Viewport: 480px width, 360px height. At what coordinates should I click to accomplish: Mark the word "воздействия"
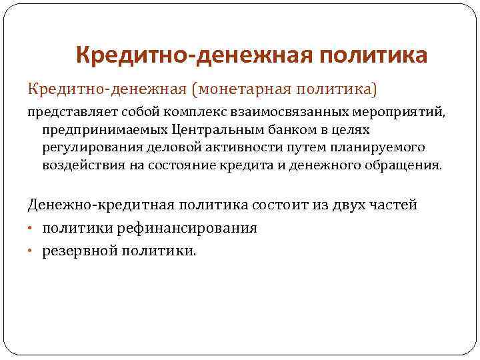[x=77, y=164]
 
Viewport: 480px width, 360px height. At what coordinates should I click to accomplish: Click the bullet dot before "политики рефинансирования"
[x=31, y=229]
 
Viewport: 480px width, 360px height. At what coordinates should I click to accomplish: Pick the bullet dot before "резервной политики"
[x=31, y=251]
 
